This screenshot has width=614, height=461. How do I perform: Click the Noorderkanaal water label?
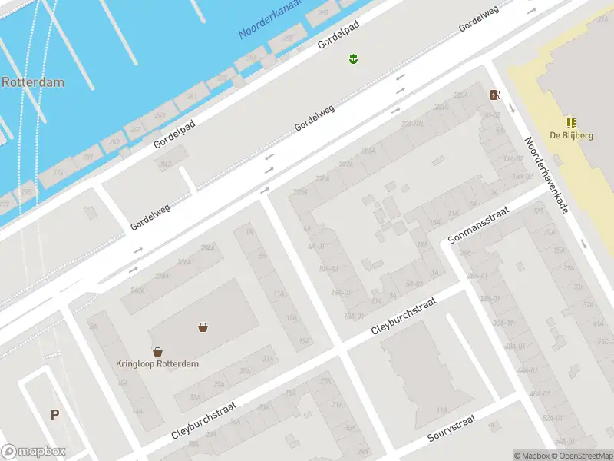269,21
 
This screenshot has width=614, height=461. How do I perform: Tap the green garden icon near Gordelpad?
354,58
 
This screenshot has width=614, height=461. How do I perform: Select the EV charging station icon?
496,95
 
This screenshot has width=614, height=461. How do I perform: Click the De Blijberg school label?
571,135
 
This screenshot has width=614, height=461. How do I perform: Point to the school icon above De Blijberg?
571,122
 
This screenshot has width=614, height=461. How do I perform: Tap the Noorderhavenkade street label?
546,175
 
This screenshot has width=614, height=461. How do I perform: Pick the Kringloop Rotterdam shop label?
157,363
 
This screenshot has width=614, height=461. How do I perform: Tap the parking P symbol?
54,415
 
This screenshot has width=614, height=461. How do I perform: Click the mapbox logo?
33,452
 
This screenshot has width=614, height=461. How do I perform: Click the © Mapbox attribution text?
531,456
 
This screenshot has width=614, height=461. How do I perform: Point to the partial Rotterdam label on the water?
32,81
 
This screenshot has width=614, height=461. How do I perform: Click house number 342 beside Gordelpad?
165,164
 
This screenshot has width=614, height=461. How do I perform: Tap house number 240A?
137,290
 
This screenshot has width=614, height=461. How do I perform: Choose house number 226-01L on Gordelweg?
412,123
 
